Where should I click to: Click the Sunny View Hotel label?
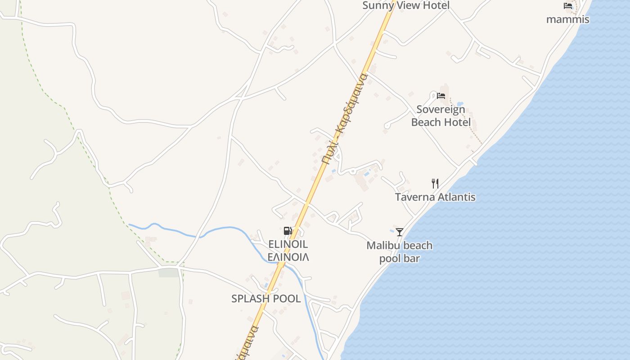coord(406,5)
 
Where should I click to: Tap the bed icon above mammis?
coord(568,6)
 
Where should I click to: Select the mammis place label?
coord(567,19)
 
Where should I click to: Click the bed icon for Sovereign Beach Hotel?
coord(441,95)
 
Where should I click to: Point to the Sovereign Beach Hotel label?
coord(441,116)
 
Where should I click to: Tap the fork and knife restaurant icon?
coord(435,183)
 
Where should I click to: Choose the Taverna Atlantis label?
coord(435,197)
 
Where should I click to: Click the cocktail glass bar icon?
coord(399,232)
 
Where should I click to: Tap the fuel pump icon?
coord(288,231)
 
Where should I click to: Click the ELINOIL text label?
coord(288,244)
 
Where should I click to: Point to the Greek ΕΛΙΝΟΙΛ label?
coord(288,257)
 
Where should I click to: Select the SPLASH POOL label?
coord(266,298)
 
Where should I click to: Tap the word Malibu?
coord(382,246)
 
